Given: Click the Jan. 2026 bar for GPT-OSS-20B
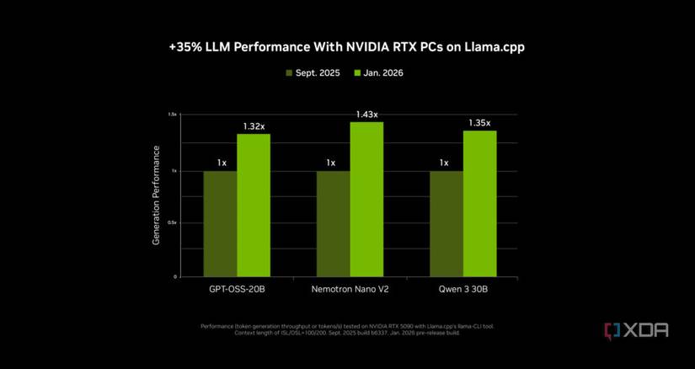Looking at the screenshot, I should coord(254,205).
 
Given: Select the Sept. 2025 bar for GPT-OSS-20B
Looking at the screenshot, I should coord(220,223).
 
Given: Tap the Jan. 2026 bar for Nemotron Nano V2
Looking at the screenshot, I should coord(366,199).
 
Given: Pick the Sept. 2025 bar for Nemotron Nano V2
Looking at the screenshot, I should coord(333,223).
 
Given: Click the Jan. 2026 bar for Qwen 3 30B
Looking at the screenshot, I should coord(479,203).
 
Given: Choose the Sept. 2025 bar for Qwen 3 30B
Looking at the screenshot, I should coord(446,223).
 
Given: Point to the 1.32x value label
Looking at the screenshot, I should coord(254,126).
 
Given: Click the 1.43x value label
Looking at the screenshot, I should coord(366,114).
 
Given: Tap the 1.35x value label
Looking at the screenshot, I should coord(479,123).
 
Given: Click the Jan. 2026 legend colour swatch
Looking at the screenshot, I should coord(357,73).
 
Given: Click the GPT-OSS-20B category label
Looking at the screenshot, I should coord(237,291).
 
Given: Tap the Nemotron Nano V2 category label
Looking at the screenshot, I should coord(350,291).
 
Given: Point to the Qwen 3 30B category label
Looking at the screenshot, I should coord(462,291).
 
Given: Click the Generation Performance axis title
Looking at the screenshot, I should coord(156,195).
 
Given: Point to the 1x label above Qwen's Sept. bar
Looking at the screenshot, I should coord(444,163).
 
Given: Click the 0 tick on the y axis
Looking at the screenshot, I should coord(176,276).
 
